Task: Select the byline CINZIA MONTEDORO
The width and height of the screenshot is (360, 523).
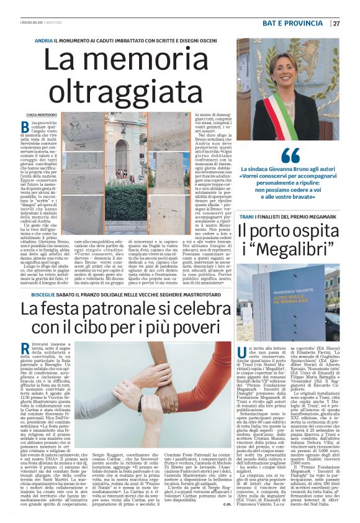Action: click(x=43, y=114)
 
